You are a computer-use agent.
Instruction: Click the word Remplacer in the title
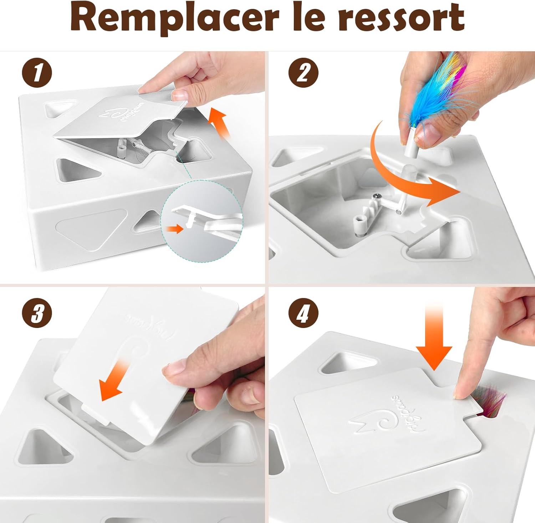coord(175,18)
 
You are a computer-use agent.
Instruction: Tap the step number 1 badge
coord(37,73)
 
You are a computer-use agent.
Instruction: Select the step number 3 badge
coord(37,314)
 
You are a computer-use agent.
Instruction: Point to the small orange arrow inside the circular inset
coord(174,229)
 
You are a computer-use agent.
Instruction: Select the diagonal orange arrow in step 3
coord(112,381)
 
